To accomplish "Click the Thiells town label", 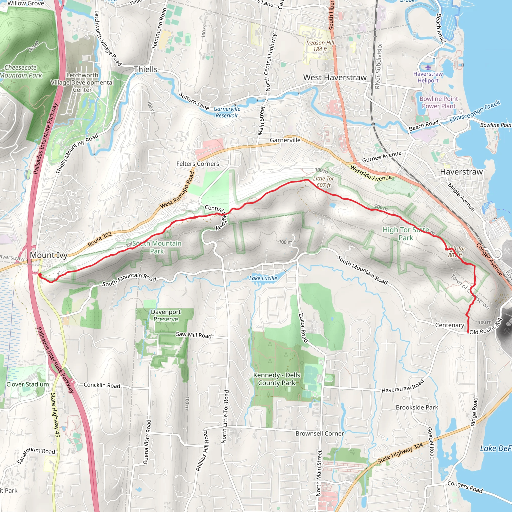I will [x=145, y=69].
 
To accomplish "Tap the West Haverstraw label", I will [x=335, y=77].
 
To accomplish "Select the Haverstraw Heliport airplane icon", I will [x=428, y=66].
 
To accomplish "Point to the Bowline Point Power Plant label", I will [x=438, y=102].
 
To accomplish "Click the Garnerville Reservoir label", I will [x=227, y=112].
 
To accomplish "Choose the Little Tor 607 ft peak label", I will [x=323, y=182].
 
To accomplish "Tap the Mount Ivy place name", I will [x=48, y=255].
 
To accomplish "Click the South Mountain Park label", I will [x=157, y=247].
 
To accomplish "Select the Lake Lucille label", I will [x=263, y=278].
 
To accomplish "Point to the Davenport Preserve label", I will [x=166, y=315].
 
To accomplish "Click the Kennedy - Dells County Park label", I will [x=277, y=379].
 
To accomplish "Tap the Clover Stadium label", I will [x=27, y=384].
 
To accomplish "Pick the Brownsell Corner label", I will [x=319, y=433].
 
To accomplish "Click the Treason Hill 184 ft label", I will [x=320, y=46].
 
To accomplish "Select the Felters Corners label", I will [x=198, y=164].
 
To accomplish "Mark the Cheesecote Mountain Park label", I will [x=21, y=71].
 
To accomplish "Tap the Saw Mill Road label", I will [x=194, y=335].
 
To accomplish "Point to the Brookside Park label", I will [x=417, y=407].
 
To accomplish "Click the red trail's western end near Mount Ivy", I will [x=39, y=275].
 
